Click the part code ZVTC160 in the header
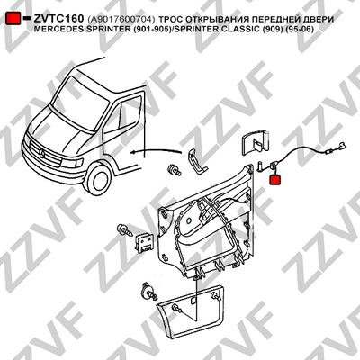(x=58, y=19)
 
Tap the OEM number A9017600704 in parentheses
(x=121, y=20)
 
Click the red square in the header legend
(x=13, y=19)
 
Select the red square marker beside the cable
(x=275, y=180)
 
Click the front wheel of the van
(x=98, y=180)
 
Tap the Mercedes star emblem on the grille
(x=42, y=155)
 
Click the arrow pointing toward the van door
(x=156, y=151)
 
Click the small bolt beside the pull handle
(x=175, y=170)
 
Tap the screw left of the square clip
(x=126, y=230)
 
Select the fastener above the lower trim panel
(x=148, y=291)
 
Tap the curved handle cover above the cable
(x=256, y=141)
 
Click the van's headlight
(x=71, y=163)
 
